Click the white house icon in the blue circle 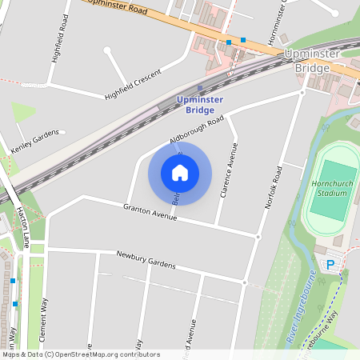(x=180, y=172)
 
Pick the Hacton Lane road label (x=22, y=226)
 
